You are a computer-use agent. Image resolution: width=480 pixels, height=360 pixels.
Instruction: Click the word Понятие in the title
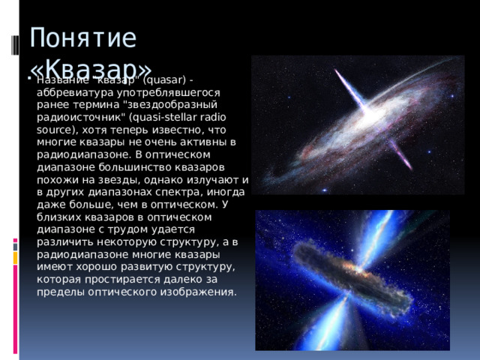pos(82,37)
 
